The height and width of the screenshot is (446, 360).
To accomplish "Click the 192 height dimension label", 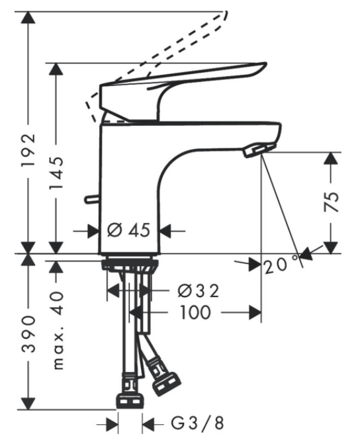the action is click(x=28, y=150).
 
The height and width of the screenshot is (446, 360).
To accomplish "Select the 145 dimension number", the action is click(x=56, y=173).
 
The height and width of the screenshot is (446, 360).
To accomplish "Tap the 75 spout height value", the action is click(x=332, y=202).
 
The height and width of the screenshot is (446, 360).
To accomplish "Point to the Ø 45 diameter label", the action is click(x=128, y=230).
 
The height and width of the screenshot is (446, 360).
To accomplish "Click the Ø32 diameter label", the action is click(x=199, y=290).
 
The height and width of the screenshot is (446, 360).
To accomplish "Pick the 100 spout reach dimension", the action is click(x=195, y=312).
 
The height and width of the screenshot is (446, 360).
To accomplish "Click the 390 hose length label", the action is click(x=28, y=334).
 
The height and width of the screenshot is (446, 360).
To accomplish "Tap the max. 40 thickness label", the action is click(x=58, y=330).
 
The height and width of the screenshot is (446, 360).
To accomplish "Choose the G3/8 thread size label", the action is click(x=197, y=423).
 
